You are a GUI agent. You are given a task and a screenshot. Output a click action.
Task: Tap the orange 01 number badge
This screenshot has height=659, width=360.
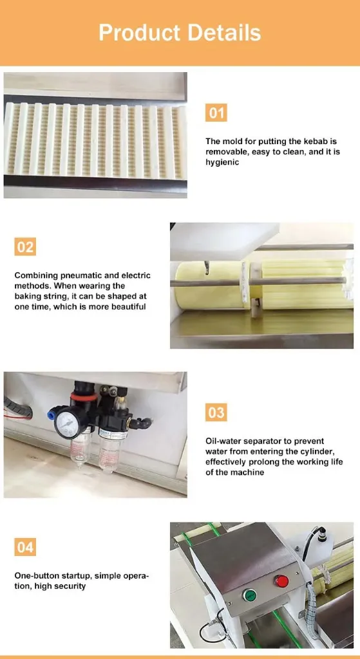pos(216,113)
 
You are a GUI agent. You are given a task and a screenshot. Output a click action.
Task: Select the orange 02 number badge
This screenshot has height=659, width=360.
pos(25,246)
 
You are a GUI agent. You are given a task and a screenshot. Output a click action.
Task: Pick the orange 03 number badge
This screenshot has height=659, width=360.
pos(216,413)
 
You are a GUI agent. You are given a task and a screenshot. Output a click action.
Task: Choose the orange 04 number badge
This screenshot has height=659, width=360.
pos(25,547)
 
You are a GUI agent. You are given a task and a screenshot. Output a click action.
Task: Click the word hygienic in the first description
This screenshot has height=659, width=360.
pos(222,162)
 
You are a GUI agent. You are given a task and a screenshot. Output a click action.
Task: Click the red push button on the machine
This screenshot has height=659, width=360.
pos(282,581)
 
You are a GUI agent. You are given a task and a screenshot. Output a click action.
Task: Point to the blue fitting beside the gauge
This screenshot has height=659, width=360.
pos(52,414)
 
